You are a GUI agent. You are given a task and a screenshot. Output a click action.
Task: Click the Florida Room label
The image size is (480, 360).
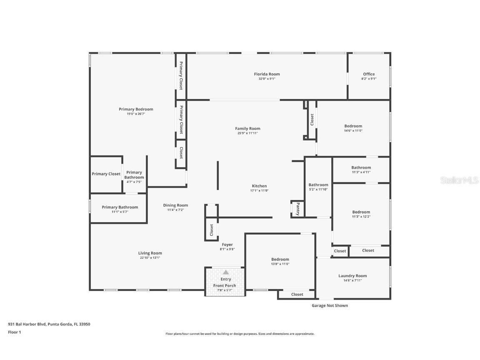click(x=267, y=74)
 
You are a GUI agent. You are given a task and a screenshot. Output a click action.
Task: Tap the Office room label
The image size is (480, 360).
click(x=369, y=74)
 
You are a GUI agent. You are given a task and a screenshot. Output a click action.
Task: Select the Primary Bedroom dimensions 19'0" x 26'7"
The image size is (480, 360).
click(x=136, y=114)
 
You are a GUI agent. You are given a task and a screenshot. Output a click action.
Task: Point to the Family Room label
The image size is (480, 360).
click(x=247, y=129)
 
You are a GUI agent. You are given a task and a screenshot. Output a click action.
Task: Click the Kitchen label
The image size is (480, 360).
click(x=259, y=186)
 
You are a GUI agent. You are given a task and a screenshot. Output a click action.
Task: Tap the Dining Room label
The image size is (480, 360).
click(x=175, y=205)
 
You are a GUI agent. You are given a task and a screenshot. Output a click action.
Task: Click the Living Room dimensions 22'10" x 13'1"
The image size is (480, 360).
click(x=150, y=257)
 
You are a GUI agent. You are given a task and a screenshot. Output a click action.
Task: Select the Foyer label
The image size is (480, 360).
click(x=227, y=245)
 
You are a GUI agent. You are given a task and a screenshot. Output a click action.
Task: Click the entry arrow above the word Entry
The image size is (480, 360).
click(x=225, y=272)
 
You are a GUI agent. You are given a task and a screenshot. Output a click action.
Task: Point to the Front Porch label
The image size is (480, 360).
click(x=225, y=285)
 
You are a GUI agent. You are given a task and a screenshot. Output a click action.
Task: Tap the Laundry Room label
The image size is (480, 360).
click(x=352, y=276)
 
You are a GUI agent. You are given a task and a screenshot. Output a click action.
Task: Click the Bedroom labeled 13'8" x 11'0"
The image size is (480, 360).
click(x=280, y=259)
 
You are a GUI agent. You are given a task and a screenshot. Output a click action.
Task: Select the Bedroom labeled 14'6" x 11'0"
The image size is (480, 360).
click(x=353, y=126)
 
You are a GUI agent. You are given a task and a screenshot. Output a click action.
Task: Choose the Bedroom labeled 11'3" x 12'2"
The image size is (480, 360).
click(x=361, y=212)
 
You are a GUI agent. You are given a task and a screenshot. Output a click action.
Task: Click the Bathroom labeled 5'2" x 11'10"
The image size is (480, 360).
click(x=318, y=185)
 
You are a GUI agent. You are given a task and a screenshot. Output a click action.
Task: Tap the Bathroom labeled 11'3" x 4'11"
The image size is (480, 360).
click(x=361, y=167)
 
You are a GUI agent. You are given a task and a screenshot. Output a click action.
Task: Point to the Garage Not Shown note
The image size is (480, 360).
click(x=330, y=305)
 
